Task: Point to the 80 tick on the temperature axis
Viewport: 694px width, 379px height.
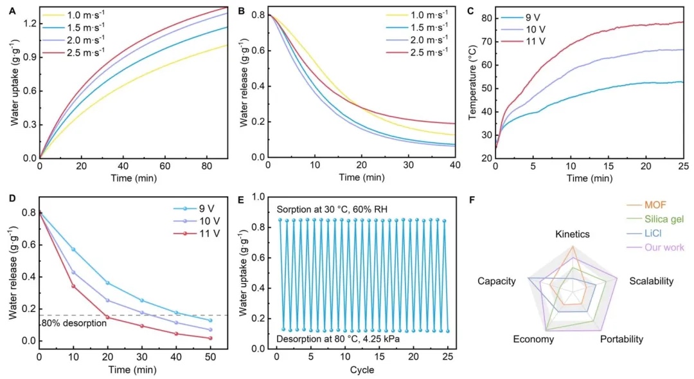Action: pos(485,17)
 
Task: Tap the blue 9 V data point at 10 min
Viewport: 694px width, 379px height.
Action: pos(73,249)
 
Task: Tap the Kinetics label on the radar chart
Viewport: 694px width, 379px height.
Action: pos(572,234)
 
